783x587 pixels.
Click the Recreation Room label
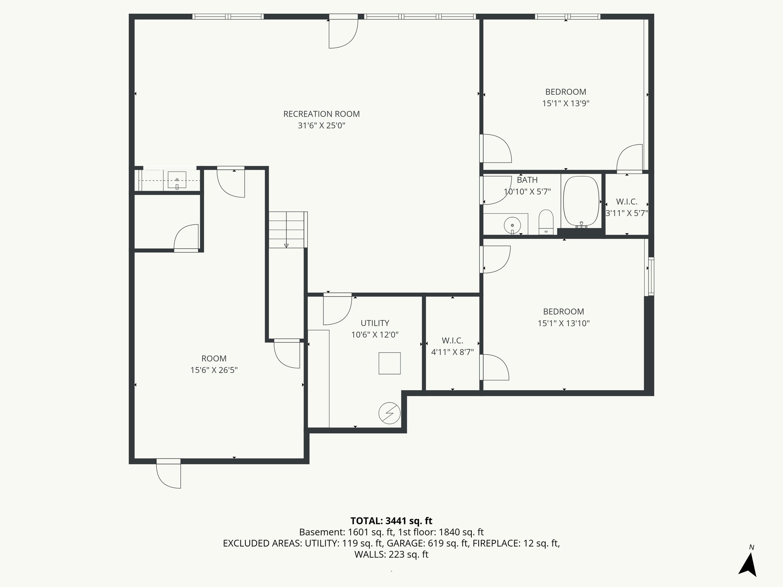click(x=321, y=114)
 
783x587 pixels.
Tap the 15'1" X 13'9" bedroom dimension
click(x=565, y=104)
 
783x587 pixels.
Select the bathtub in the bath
click(x=581, y=201)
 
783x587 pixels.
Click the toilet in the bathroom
click(x=546, y=221)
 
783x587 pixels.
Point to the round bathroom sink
click(x=512, y=224)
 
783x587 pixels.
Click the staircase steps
click(x=287, y=229)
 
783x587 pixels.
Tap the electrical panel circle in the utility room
click(x=389, y=413)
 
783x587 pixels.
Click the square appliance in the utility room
click(x=389, y=363)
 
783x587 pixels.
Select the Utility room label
click(x=375, y=323)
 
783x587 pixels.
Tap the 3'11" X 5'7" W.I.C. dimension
click(x=627, y=213)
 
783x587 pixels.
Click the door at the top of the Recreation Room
click(x=343, y=32)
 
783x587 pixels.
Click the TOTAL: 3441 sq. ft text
click(x=391, y=521)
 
